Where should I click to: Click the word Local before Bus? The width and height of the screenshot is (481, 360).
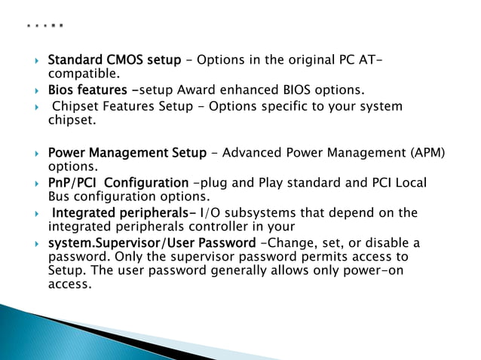coord(411,183)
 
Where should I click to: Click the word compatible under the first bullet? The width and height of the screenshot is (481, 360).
coord(81,74)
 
